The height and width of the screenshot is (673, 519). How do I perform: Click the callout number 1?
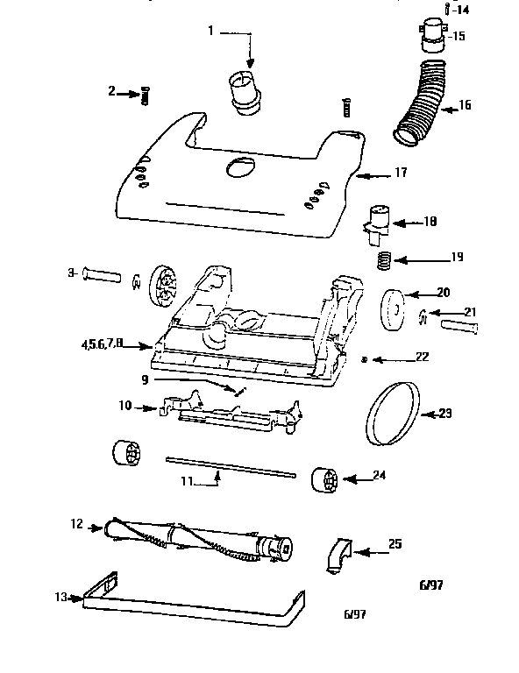210,32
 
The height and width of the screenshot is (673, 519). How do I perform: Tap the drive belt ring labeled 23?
387,414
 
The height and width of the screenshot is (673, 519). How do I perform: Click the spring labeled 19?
383,260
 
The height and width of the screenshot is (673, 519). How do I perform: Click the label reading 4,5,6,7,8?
120,343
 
